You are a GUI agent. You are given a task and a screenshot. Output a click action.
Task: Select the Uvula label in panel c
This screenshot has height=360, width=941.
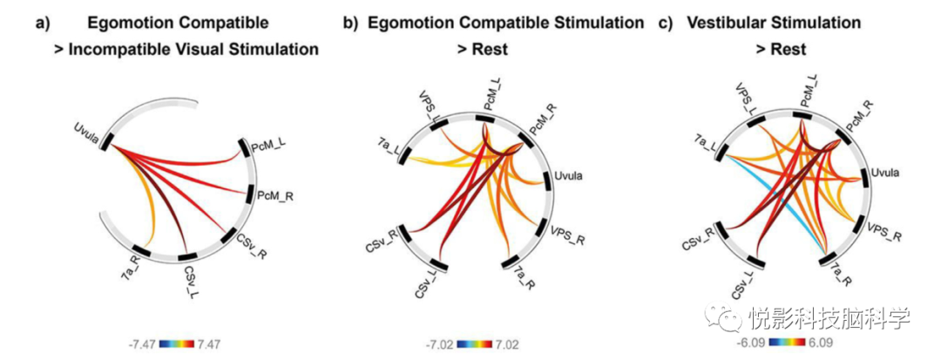click(888, 176)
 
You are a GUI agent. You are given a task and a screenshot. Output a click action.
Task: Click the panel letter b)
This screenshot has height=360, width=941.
click(350, 23)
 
